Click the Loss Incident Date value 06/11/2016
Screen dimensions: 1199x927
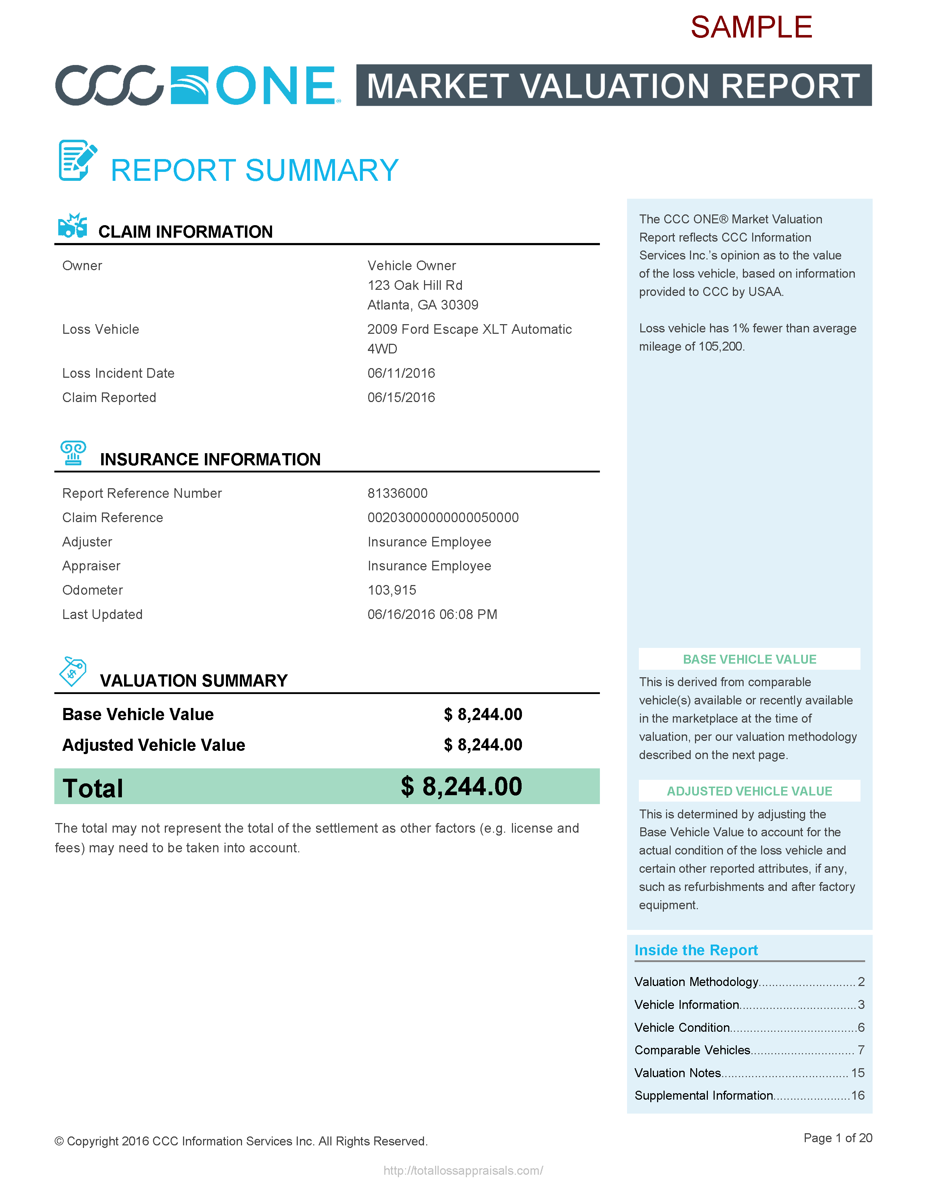(x=401, y=373)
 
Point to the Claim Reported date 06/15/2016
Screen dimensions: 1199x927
(x=401, y=397)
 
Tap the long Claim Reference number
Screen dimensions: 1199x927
(x=443, y=518)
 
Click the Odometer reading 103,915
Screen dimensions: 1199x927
(x=391, y=590)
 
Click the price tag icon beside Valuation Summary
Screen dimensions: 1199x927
(x=73, y=671)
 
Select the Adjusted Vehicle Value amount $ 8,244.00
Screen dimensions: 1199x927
(x=483, y=745)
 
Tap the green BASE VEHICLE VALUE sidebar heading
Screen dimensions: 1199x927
(x=749, y=659)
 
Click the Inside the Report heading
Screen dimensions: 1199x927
(x=696, y=950)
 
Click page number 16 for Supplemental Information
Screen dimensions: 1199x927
(x=857, y=1096)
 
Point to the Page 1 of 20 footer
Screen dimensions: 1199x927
(x=838, y=1138)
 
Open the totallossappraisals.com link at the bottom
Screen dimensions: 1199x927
(x=463, y=1170)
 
